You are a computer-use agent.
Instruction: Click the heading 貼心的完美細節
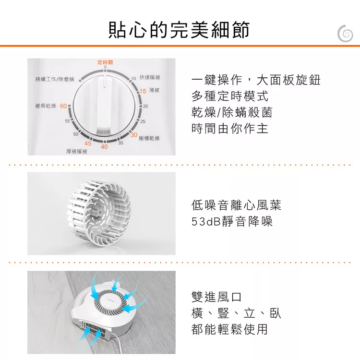click(x=179, y=30)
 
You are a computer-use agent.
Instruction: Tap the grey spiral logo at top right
click(x=345, y=34)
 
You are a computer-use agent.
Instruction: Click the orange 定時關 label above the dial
click(x=105, y=62)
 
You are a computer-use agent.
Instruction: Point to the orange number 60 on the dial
click(x=63, y=106)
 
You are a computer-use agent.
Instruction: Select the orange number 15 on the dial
click(x=143, y=91)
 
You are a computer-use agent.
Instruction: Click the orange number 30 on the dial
click(x=134, y=135)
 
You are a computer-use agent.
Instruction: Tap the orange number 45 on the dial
click(x=88, y=144)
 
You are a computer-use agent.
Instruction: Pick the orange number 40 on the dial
click(x=104, y=146)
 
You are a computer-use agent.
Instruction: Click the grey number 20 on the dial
click(x=145, y=106)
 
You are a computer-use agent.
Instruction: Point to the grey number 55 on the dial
click(x=67, y=121)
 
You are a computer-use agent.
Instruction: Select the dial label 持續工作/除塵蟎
click(x=55, y=79)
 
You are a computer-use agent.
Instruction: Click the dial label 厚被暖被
click(x=77, y=152)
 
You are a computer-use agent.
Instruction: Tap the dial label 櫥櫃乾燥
click(x=149, y=138)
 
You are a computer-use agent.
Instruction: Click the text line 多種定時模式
click(x=230, y=96)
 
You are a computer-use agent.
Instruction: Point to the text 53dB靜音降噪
click(x=232, y=221)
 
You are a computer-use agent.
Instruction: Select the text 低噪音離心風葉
click(x=236, y=205)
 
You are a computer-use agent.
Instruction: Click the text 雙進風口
click(x=216, y=297)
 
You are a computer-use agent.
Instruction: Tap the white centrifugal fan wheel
click(x=99, y=213)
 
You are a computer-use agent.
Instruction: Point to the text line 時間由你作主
click(x=230, y=128)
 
